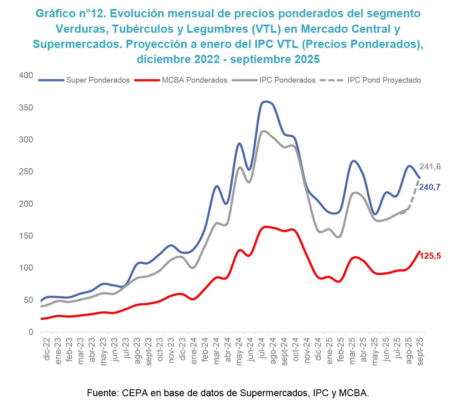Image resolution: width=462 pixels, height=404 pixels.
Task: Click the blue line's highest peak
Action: (x=266, y=101)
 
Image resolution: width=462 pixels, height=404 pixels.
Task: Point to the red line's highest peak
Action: (x=266, y=226)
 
